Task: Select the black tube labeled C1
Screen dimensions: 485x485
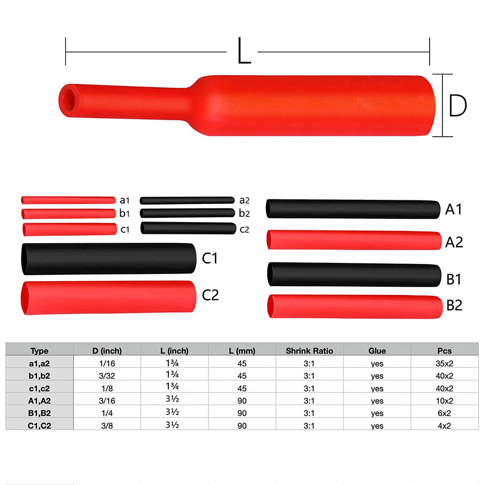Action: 107,259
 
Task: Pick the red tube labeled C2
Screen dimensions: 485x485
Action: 107,297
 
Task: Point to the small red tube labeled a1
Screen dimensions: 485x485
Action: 68,200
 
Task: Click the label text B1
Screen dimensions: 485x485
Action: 454,280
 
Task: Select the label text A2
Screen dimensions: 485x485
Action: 454,242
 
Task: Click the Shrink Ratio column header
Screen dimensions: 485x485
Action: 309,351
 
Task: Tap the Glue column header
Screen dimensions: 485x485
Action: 377,351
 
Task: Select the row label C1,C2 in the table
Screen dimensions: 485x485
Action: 39,425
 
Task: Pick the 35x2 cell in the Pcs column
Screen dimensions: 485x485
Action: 444,363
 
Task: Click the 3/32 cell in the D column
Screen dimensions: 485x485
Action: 107,375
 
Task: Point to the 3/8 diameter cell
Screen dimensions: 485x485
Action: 107,425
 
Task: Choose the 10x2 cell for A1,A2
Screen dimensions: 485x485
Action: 444,401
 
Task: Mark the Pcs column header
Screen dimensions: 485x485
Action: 444,351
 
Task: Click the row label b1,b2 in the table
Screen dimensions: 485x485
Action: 39,375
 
